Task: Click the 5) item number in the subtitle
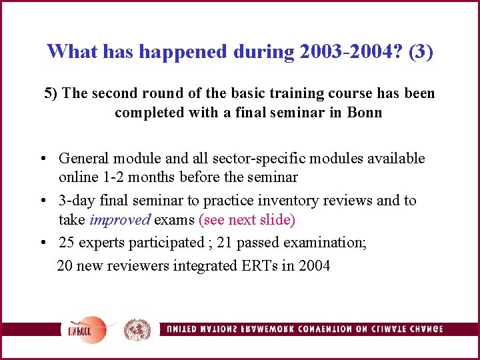coord(51,93)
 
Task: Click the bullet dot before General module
coord(42,159)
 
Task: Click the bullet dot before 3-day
coord(42,201)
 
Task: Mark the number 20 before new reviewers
coord(65,266)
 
